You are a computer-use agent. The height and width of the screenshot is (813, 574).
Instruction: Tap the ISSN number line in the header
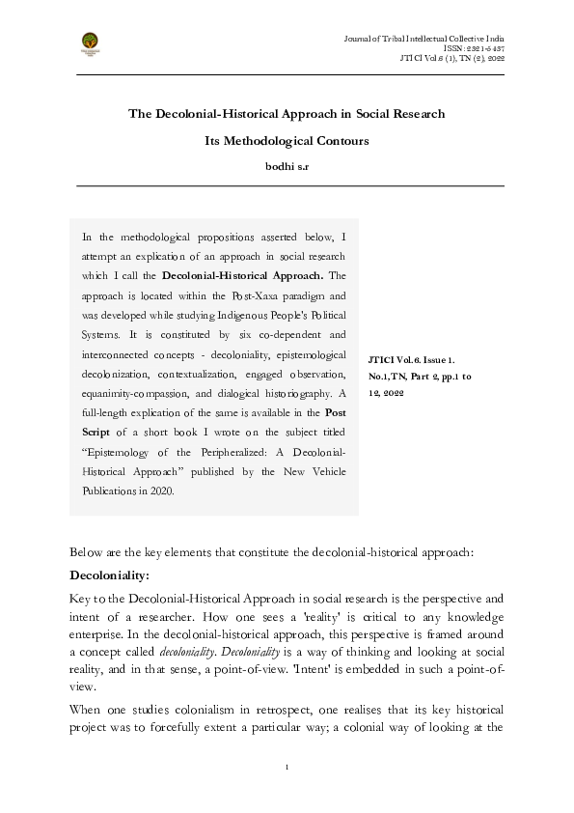(x=474, y=46)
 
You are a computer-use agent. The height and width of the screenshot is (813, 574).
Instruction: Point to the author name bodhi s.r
(x=287, y=166)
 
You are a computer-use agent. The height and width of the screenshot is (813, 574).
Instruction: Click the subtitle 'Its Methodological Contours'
(x=287, y=141)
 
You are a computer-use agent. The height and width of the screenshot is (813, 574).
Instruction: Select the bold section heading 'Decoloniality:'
(x=110, y=575)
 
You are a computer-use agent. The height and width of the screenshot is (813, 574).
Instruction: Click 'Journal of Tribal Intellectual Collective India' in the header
(x=424, y=36)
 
